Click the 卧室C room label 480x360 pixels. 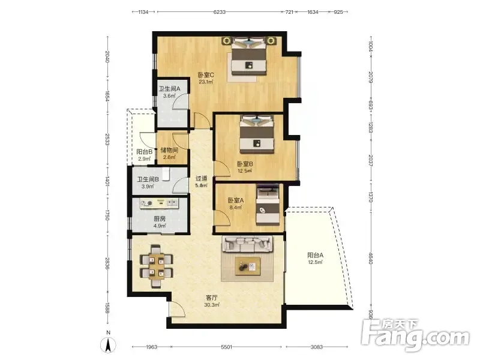[206, 75]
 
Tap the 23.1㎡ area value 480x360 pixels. [206, 82]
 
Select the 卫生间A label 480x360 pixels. [170, 89]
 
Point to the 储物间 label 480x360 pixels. [169, 151]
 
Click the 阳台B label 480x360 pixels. [144, 152]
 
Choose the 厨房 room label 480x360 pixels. [160, 219]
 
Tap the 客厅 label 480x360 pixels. [212, 298]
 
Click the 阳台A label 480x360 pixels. [316, 255]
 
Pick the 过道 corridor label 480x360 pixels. [201, 178]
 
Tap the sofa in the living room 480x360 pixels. [248, 244]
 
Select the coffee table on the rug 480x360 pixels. [248, 266]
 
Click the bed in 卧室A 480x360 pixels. [268, 204]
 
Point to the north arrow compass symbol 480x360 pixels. [108, 344]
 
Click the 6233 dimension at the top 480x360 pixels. [220, 12]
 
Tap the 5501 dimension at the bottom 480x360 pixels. [227, 347]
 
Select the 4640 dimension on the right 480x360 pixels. [370, 258]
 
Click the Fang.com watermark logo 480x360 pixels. [415, 335]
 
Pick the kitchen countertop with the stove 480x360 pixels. [159, 203]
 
